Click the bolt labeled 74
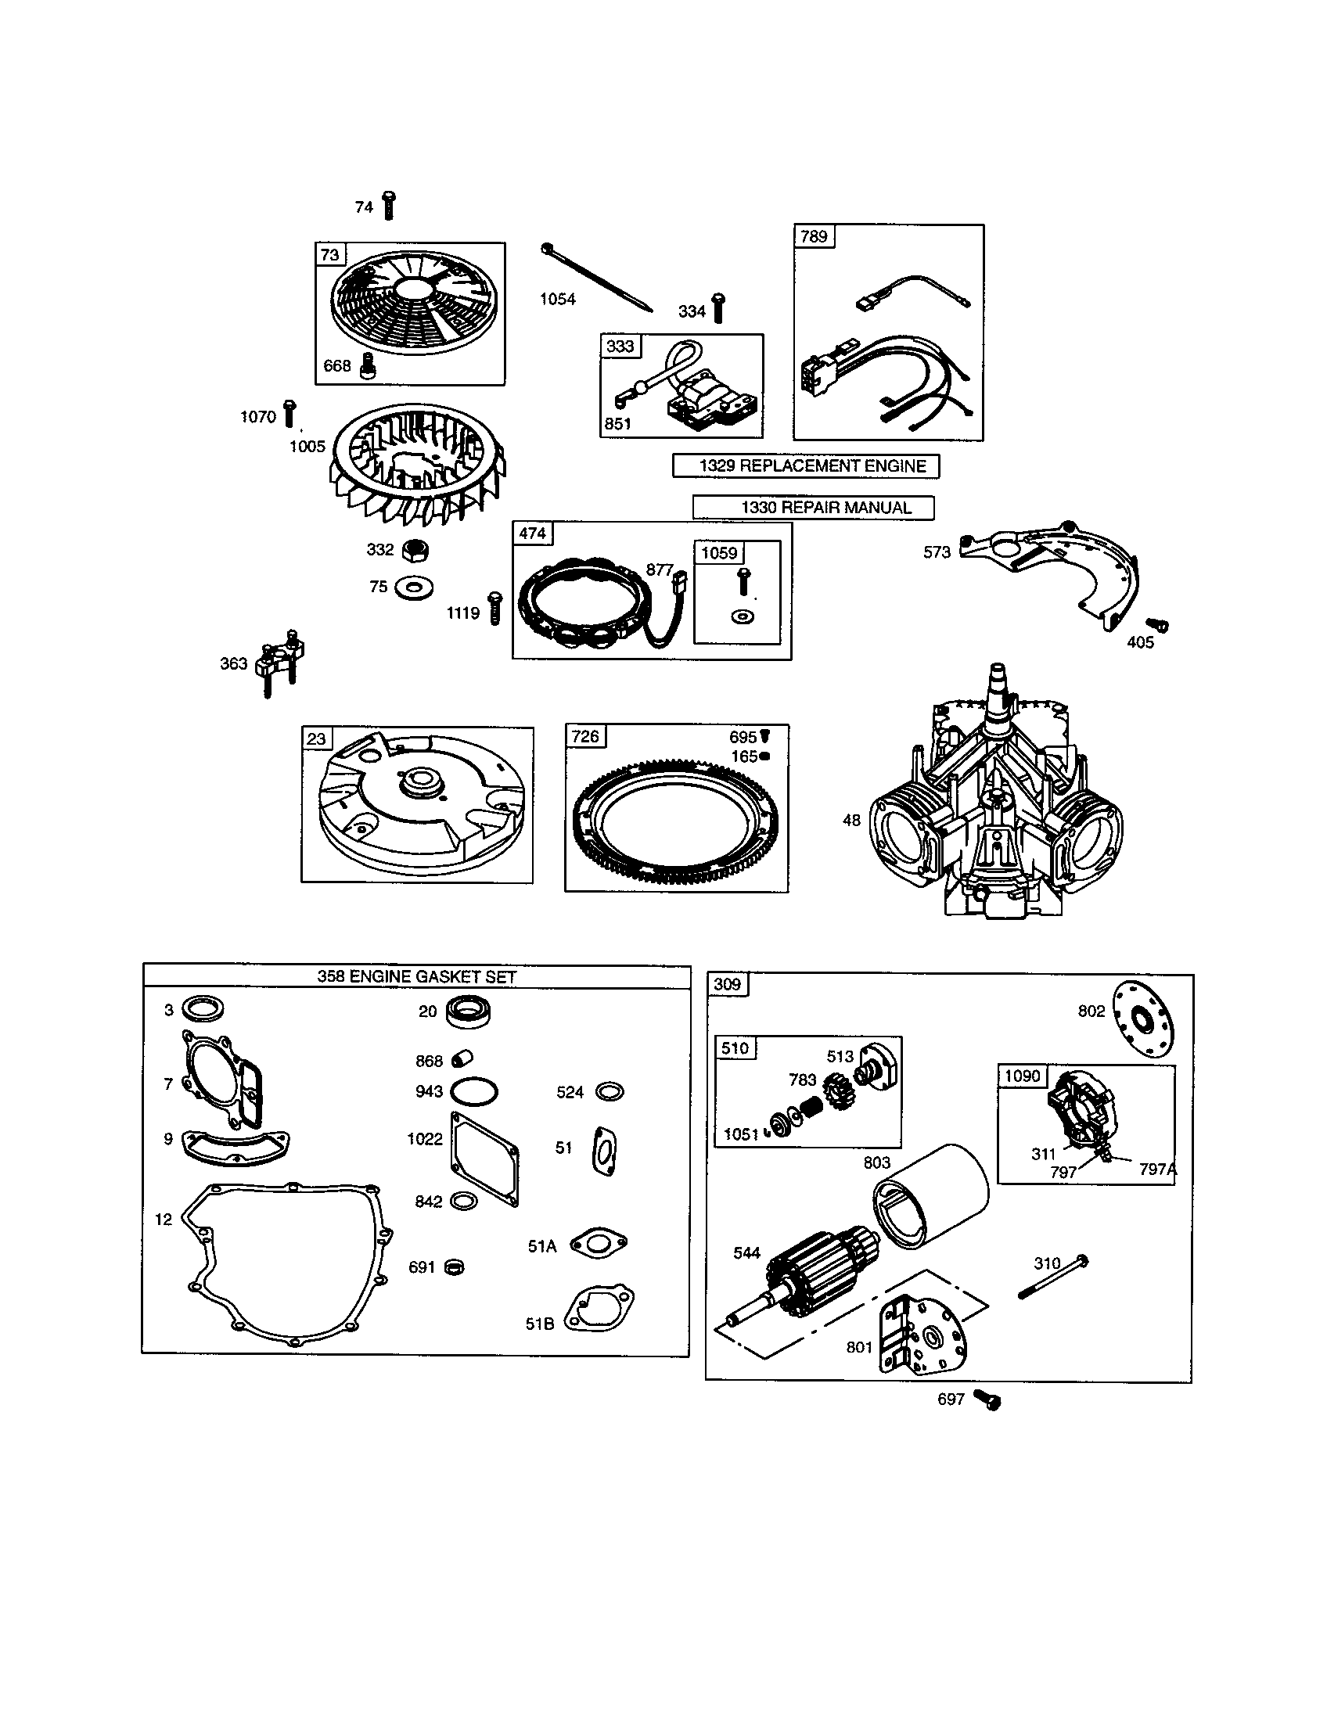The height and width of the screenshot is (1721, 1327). pos(389,206)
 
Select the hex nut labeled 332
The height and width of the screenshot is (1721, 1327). pos(415,550)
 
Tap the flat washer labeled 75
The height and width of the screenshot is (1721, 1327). pos(414,587)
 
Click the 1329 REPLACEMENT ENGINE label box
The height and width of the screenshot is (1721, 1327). pos(805,465)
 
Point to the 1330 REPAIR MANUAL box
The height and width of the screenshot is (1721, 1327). pos(813,508)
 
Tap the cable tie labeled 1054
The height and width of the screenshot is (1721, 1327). pos(596,278)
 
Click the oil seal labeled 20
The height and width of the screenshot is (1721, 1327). pos(468,1011)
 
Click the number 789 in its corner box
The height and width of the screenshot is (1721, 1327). pos(813,236)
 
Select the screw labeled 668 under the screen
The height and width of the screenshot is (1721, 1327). pos(366,365)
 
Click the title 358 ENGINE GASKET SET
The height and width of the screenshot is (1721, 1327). pos(416,976)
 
